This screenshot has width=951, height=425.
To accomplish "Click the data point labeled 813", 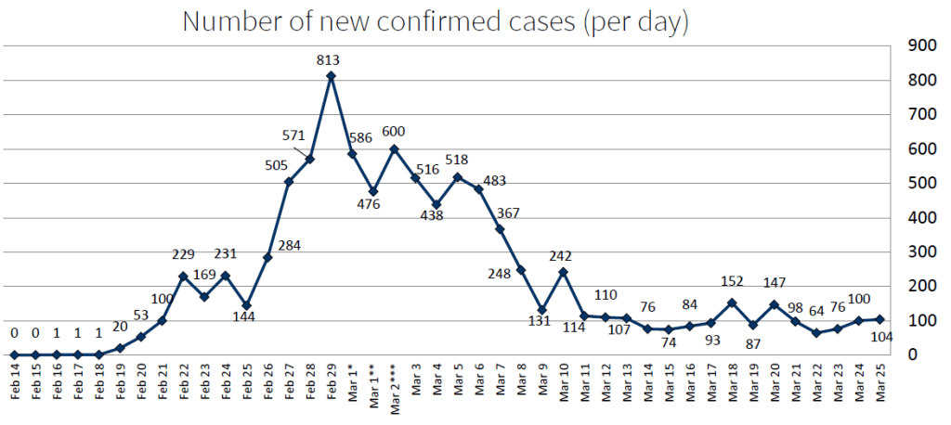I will pyautogui.click(x=331, y=76).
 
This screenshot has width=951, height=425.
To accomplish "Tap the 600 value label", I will pyautogui.click(x=394, y=132).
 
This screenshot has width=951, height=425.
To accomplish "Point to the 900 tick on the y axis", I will pyautogui.click(x=921, y=45).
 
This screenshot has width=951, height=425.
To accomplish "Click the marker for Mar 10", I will pyautogui.click(x=563, y=272).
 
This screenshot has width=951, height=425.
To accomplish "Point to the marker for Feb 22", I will pyautogui.click(x=184, y=277).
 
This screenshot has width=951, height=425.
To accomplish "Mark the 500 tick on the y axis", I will pyautogui.click(x=921, y=183).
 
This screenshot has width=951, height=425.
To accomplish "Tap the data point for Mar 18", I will pyautogui.click(x=732, y=303).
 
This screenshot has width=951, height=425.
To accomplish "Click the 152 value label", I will pyautogui.click(x=732, y=282).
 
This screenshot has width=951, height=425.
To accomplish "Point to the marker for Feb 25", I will pyautogui.click(x=247, y=305).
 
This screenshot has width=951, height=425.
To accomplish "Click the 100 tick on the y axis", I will pyautogui.click(x=921, y=321).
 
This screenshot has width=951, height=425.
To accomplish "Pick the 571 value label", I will pyautogui.click(x=293, y=135).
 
